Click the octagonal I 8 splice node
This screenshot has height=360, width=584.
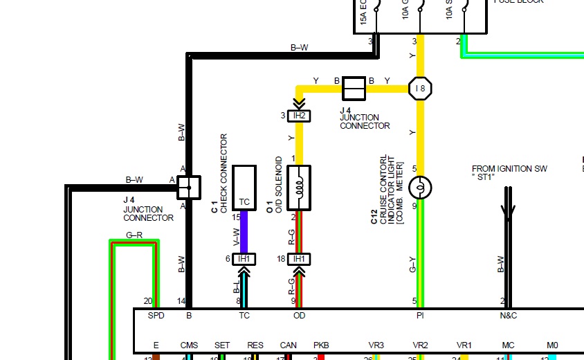(420, 89)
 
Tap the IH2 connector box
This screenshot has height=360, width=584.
(299, 116)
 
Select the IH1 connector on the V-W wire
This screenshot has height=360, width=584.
(244, 259)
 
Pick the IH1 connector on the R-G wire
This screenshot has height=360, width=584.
(299, 259)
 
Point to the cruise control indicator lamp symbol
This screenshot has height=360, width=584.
(420, 188)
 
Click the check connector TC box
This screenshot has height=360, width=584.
(244, 187)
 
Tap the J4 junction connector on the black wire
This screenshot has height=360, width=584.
(188, 186)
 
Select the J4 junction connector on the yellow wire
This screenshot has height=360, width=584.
(354, 89)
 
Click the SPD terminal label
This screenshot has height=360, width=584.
(156, 316)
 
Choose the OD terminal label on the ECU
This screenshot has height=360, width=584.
(299, 316)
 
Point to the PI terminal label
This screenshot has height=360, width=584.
(419, 316)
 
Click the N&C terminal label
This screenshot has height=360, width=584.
(509, 316)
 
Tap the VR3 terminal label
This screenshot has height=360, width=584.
(376, 345)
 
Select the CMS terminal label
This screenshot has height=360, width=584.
(189, 345)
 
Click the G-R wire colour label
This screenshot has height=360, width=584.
(134, 235)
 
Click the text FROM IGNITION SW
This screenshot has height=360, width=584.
(510, 169)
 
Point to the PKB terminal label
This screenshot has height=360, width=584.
(321, 345)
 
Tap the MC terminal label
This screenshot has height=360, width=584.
(509, 345)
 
